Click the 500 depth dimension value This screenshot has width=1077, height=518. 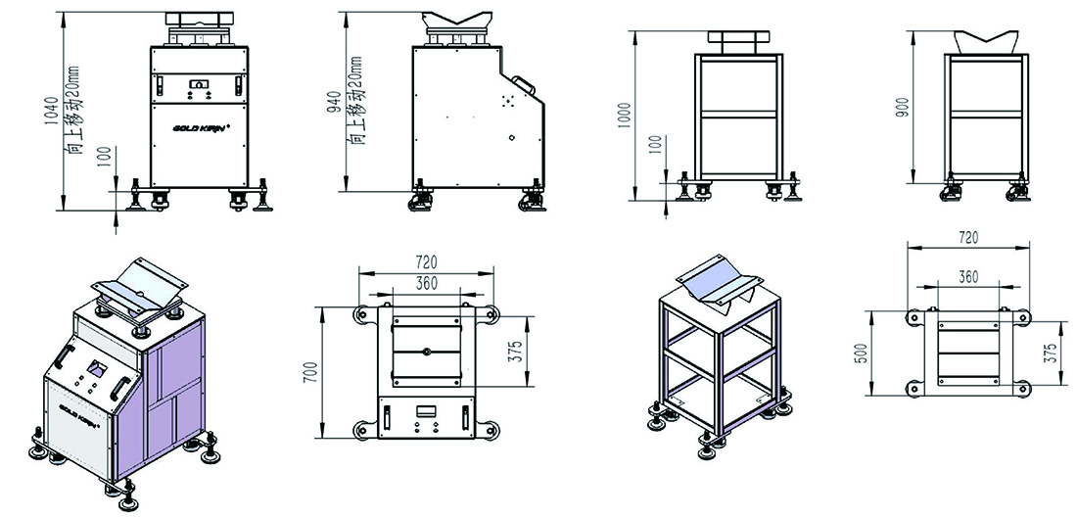(865, 353)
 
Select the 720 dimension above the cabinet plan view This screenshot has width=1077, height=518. (426, 261)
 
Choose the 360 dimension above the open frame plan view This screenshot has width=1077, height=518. (967, 276)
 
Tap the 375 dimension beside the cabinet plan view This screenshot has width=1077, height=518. (519, 352)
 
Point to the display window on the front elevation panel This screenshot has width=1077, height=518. (199, 84)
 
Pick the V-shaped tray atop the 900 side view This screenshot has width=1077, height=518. (985, 42)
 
